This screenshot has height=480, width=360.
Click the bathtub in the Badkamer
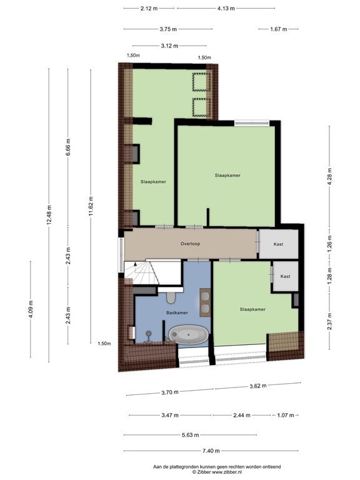point(189,334)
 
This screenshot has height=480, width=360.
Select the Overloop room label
point(190,244)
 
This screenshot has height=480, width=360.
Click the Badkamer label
point(177,312)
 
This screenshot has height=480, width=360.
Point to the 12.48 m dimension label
point(49,215)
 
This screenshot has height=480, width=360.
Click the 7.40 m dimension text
point(211,451)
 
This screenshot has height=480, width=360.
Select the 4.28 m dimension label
point(329,177)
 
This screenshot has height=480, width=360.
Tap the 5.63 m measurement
point(190,435)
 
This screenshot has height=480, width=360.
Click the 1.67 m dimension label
point(279,29)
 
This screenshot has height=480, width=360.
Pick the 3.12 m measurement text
point(169,46)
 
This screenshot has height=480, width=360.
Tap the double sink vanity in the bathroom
point(205,302)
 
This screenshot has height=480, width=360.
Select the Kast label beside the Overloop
point(278,244)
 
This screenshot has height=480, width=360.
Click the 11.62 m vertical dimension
point(91,206)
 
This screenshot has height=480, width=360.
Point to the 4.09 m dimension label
point(31,309)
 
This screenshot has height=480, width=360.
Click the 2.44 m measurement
point(242,415)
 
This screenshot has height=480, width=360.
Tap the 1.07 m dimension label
point(285,415)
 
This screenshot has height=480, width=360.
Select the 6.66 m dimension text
point(68,147)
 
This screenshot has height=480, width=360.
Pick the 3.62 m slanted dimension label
point(257,386)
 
